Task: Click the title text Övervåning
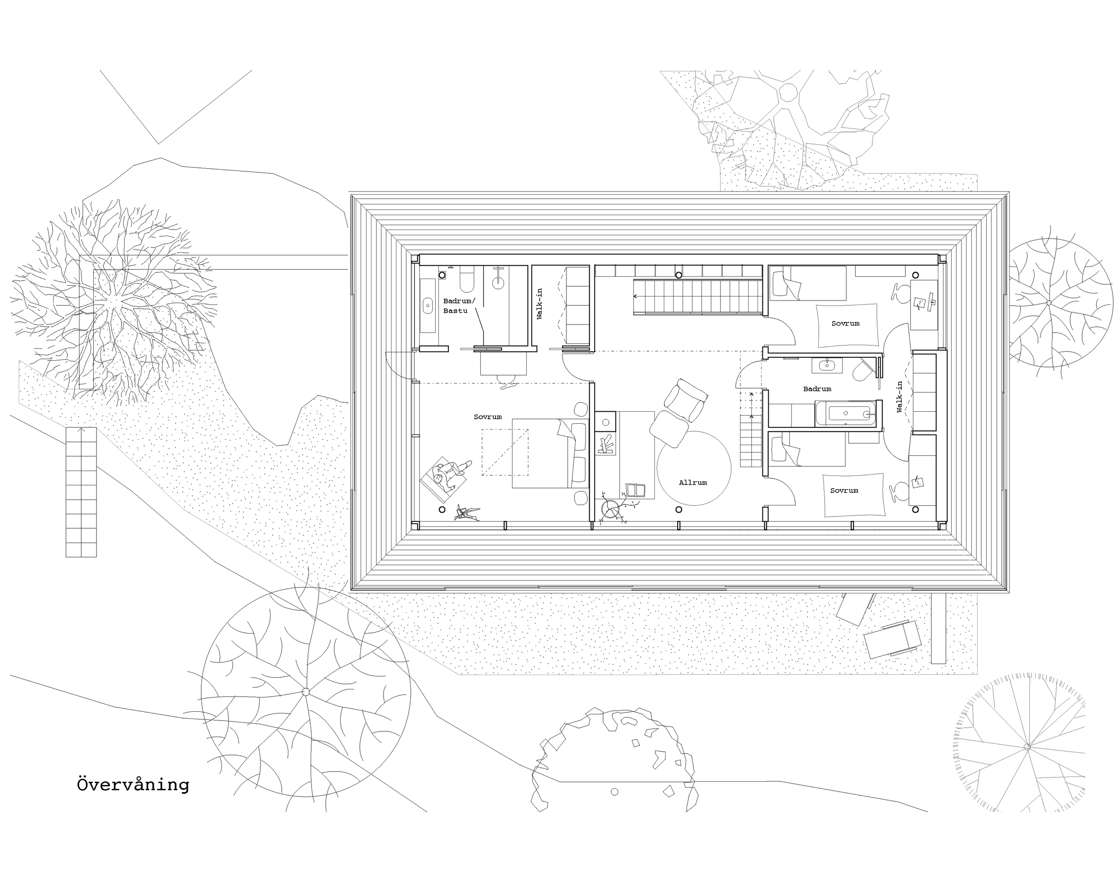click(133, 785)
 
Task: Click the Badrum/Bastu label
click(458, 305)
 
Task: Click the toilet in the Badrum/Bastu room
click(466, 280)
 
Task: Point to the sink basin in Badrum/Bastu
click(428, 305)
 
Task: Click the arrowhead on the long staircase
click(636, 296)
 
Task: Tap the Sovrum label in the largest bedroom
click(487, 417)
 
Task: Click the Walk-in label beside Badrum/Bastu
click(539, 304)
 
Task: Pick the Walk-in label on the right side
click(899, 397)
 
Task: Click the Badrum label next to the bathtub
click(817, 389)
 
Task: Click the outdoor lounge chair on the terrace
click(892, 639)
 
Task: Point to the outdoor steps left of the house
click(81, 492)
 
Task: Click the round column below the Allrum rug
click(679, 509)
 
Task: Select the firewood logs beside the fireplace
click(606, 444)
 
